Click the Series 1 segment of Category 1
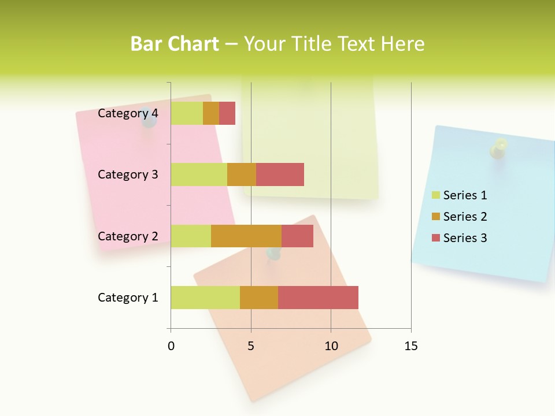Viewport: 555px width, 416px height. (x=205, y=298)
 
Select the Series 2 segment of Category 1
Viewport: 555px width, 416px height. (x=259, y=298)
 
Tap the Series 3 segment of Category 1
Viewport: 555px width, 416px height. (x=318, y=298)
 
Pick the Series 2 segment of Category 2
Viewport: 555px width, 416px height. (x=246, y=236)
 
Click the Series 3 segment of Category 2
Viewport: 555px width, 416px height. (x=297, y=236)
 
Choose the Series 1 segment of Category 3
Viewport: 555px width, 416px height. (x=199, y=174)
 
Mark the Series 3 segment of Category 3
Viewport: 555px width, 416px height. (x=280, y=174)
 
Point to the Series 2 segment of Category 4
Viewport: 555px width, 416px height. (x=211, y=113)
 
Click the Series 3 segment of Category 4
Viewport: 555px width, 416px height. (x=227, y=113)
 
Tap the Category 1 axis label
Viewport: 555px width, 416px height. (x=128, y=298)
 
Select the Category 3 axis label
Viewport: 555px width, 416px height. (x=128, y=174)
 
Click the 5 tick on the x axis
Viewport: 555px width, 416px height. (x=251, y=346)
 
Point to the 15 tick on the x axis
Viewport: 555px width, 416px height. (x=410, y=346)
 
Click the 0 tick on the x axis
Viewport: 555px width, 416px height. (x=171, y=346)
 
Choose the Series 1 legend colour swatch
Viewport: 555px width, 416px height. (x=435, y=195)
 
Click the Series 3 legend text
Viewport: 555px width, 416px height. (x=465, y=238)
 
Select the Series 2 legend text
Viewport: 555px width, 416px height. (x=465, y=217)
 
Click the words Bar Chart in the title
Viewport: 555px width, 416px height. (x=175, y=44)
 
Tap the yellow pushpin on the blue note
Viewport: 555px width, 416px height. (x=498, y=148)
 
